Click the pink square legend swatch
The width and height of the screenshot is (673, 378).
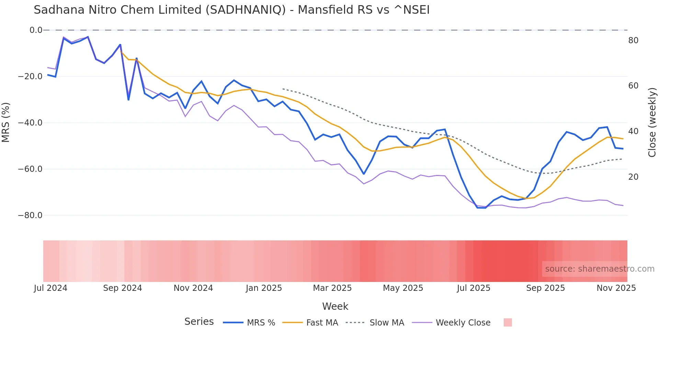[507, 322]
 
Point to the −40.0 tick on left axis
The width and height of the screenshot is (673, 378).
[30, 123]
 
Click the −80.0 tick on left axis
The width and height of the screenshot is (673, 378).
[30, 215]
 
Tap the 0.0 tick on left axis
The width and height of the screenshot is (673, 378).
[36, 30]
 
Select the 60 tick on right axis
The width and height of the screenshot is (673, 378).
[633, 86]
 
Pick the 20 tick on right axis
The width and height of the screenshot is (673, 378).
[633, 177]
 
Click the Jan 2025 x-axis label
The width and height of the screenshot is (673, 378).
[264, 288]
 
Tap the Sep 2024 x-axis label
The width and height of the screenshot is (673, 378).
[123, 288]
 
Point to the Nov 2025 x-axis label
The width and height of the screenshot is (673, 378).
[616, 288]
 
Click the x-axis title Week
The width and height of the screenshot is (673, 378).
[335, 306]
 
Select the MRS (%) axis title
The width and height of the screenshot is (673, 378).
[6, 122]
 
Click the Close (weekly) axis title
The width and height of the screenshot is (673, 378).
[652, 122]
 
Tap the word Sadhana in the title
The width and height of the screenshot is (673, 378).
[59, 10]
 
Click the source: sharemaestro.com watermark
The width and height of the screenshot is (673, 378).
[600, 269]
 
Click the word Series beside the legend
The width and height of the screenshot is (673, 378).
[199, 322]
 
